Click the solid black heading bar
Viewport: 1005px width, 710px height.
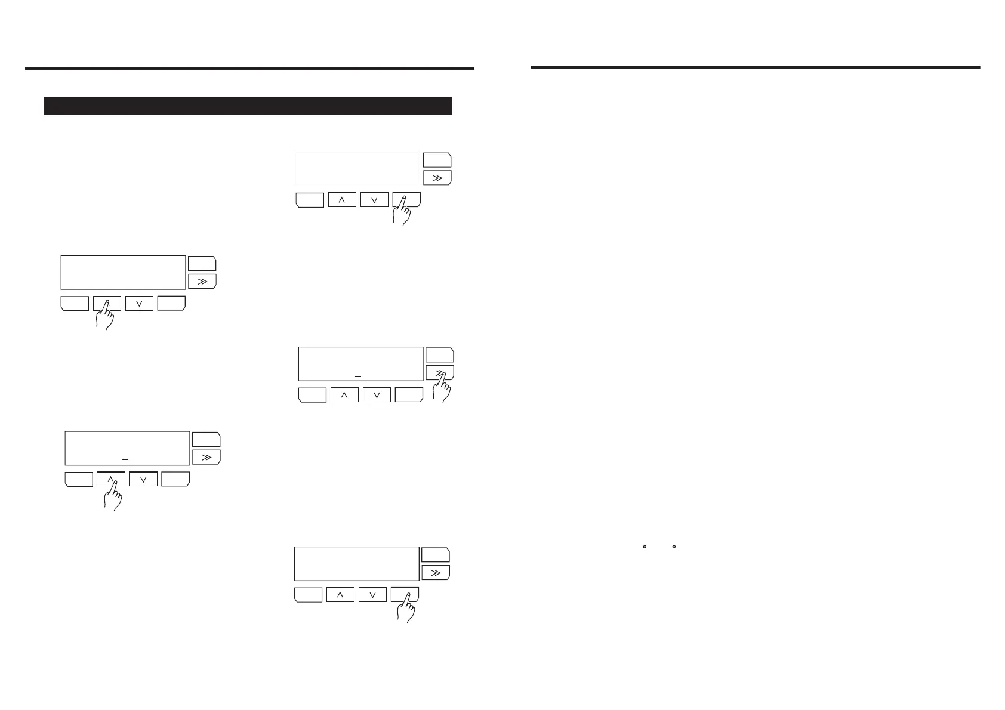248,106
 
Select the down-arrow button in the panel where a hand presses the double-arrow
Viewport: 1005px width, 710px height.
377,394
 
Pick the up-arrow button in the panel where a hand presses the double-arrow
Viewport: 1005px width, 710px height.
344,394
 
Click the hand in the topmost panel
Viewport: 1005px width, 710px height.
403,212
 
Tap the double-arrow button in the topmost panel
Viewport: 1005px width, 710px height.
437,178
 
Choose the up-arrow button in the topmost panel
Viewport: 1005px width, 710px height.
342,200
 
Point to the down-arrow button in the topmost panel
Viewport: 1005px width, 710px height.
374,200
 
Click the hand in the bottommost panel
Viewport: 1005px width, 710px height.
406,609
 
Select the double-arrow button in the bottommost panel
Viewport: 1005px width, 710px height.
436,573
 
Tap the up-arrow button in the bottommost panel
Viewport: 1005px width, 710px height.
340,595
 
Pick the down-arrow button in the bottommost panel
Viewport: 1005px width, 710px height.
372,595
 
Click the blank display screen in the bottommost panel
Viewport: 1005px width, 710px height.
356,563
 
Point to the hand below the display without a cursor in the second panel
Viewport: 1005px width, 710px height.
106,316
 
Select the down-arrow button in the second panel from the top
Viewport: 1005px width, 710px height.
139,303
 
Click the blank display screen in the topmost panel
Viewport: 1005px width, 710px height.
357,169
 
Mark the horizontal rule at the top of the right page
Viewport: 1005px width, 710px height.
755,67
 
